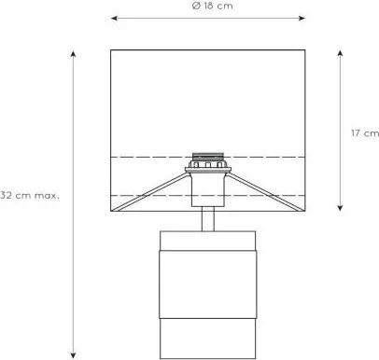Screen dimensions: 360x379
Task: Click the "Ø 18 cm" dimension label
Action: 208,7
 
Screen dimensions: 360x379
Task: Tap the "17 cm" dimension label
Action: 362,132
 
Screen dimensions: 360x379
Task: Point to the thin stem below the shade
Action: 209,218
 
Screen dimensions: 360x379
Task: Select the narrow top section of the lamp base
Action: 208,240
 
